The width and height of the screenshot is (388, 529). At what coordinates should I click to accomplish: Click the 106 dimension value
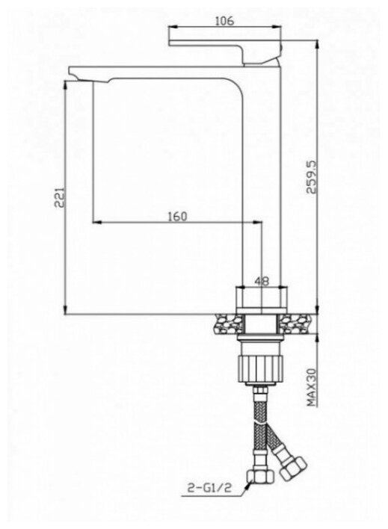click(x=224, y=21)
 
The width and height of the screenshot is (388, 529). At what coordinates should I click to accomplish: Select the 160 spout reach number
click(x=177, y=216)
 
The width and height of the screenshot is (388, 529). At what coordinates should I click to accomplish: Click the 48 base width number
click(x=262, y=281)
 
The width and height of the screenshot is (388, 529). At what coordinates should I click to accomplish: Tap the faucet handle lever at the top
click(x=225, y=51)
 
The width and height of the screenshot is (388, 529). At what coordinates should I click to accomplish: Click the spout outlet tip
click(x=75, y=73)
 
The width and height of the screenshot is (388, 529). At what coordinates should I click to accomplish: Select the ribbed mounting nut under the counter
click(x=262, y=368)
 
